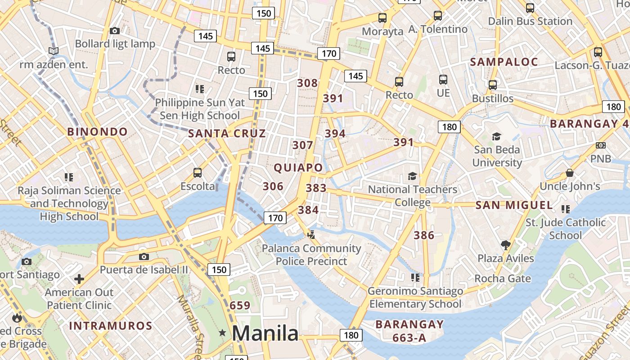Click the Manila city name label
265,333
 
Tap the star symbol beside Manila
222,333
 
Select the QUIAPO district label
298,168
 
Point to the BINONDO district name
98,132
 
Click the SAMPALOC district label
504,62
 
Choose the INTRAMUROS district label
111,326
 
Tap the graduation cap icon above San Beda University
496,136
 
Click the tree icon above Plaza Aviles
506,245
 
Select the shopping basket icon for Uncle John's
570,173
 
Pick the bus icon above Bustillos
493,85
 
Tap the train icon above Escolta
197,172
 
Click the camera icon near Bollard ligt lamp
115,31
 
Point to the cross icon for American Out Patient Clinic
79,279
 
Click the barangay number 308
307,83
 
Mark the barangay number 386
424,235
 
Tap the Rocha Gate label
503,279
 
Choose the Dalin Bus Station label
530,21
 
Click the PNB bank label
601,159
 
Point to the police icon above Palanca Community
311,234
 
